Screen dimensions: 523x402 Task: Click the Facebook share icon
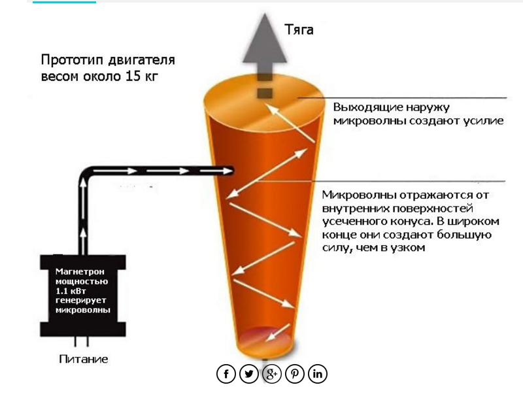pos(226,374)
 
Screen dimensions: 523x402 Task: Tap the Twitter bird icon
pos(249,374)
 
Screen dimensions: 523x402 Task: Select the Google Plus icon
pos(272,374)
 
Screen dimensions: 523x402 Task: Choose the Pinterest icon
pos(295,374)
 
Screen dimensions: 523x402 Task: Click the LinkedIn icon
pos(318,374)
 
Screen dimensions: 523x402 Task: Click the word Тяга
pos(299,30)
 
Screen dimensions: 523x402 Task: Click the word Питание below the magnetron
pos(84,359)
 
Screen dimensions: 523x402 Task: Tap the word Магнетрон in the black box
pos(80,271)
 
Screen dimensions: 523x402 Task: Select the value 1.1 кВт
pos(71,291)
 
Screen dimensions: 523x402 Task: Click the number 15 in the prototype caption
pos(133,76)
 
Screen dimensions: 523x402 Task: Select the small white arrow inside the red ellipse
pos(278,333)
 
